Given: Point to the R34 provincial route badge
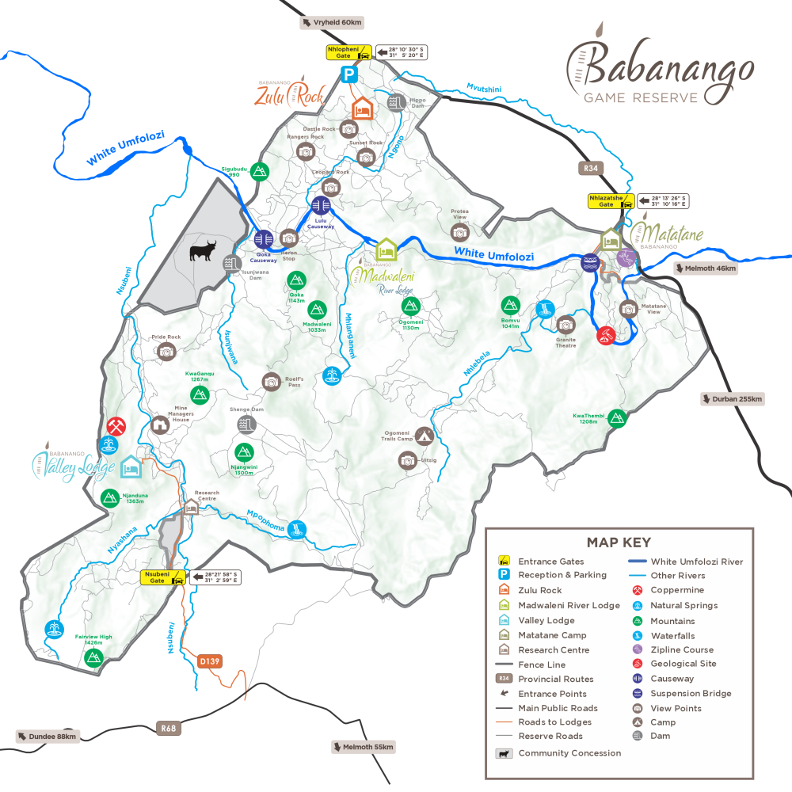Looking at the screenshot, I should point(589,168).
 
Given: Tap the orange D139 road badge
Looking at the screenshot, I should point(209,661).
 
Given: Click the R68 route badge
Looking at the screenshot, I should point(167,728).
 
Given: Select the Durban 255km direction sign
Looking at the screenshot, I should point(732,398).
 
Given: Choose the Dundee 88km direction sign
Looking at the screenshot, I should point(49,737).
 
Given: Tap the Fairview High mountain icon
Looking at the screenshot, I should point(94,657).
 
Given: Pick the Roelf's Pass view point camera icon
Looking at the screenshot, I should point(271,382).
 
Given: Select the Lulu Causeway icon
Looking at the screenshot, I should point(322,208).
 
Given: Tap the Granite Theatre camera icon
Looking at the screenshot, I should point(565,324).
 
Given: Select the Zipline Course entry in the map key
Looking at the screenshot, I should point(682,649).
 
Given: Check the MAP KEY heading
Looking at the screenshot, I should point(619,543).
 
